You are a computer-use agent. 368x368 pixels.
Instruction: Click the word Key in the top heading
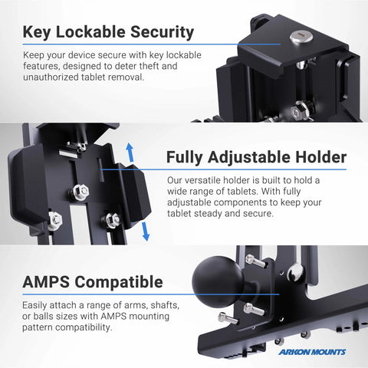pyautogui.click(x=37, y=32)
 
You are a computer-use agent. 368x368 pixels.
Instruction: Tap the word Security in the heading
pyautogui.click(x=162, y=32)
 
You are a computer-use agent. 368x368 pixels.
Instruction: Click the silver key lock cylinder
pyautogui.click(x=301, y=38)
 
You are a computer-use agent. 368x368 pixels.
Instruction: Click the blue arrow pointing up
pyautogui.click(x=130, y=152)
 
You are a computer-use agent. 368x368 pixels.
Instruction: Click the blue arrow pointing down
pyautogui.click(x=146, y=232)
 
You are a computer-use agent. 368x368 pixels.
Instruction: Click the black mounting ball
pyautogui.click(x=218, y=282)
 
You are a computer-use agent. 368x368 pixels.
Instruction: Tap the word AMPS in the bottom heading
pyautogui.click(x=46, y=282)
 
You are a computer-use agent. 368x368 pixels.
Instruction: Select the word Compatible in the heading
pyautogui.click(x=119, y=282)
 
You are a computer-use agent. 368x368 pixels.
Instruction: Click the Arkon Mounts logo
pyautogui.click(x=312, y=352)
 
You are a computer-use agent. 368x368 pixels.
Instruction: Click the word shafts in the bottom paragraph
pyautogui.click(x=165, y=305)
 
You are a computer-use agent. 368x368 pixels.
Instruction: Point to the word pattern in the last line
pyautogui.click(x=38, y=327)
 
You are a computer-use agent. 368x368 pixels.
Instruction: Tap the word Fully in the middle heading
pyautogui.click(x=185, y=157)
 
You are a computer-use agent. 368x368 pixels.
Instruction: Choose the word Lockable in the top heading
pyautogui.click(x=90, y=32)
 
